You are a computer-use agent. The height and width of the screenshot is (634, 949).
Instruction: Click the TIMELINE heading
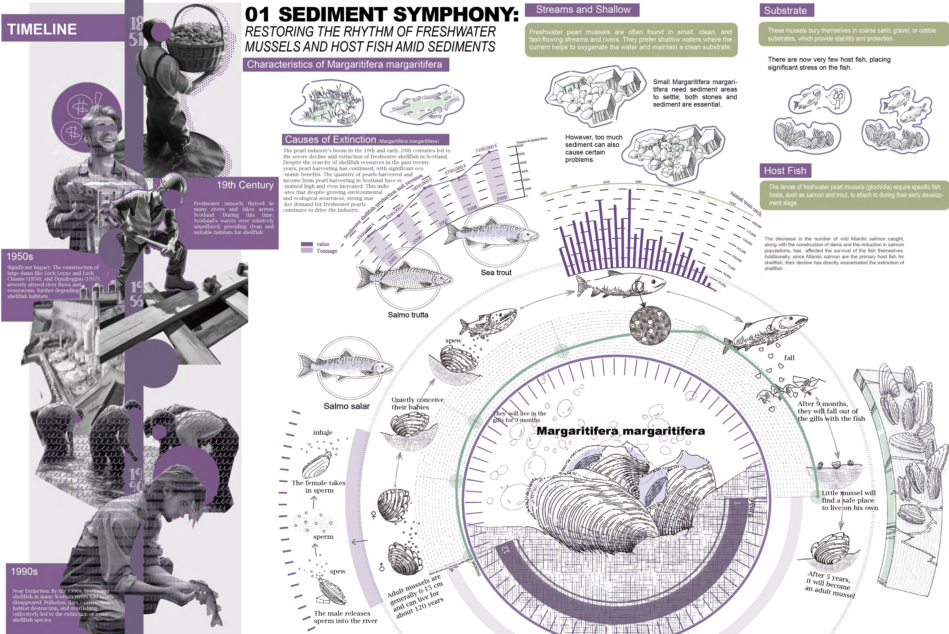tap(42, 29)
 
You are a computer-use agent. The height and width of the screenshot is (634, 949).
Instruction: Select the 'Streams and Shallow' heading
tap(583, 10)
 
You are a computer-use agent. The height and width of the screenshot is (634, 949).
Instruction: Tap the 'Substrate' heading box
tap(785, 10)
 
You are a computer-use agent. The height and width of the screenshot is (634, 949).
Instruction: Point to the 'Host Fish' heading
tap(785, 171)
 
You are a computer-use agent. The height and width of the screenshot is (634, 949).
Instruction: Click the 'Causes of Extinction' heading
tap(330, 139)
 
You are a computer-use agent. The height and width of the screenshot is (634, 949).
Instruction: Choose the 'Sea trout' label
tap(496, 273)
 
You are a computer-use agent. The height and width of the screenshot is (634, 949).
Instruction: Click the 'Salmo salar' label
tap(347, 406)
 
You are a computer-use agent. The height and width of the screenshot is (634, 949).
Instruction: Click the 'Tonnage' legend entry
tap(327, 251)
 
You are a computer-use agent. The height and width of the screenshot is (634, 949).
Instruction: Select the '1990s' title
tap(24, 571)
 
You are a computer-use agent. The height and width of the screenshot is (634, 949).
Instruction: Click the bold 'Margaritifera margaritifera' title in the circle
tap(621, 431)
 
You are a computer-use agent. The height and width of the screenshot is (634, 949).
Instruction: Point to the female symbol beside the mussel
tap(374, 515)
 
